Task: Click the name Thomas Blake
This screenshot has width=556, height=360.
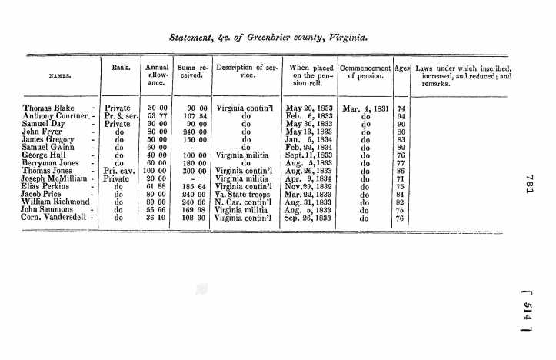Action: pos(46,108)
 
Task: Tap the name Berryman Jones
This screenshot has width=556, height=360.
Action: pos(52,162)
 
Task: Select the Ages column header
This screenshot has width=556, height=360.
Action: pos(401,68)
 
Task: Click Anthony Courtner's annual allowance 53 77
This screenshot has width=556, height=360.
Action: pos(157,117)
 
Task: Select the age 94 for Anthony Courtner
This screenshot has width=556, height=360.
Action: pos(400,117)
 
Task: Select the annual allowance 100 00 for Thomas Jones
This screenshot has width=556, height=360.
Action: pos(156,171)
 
